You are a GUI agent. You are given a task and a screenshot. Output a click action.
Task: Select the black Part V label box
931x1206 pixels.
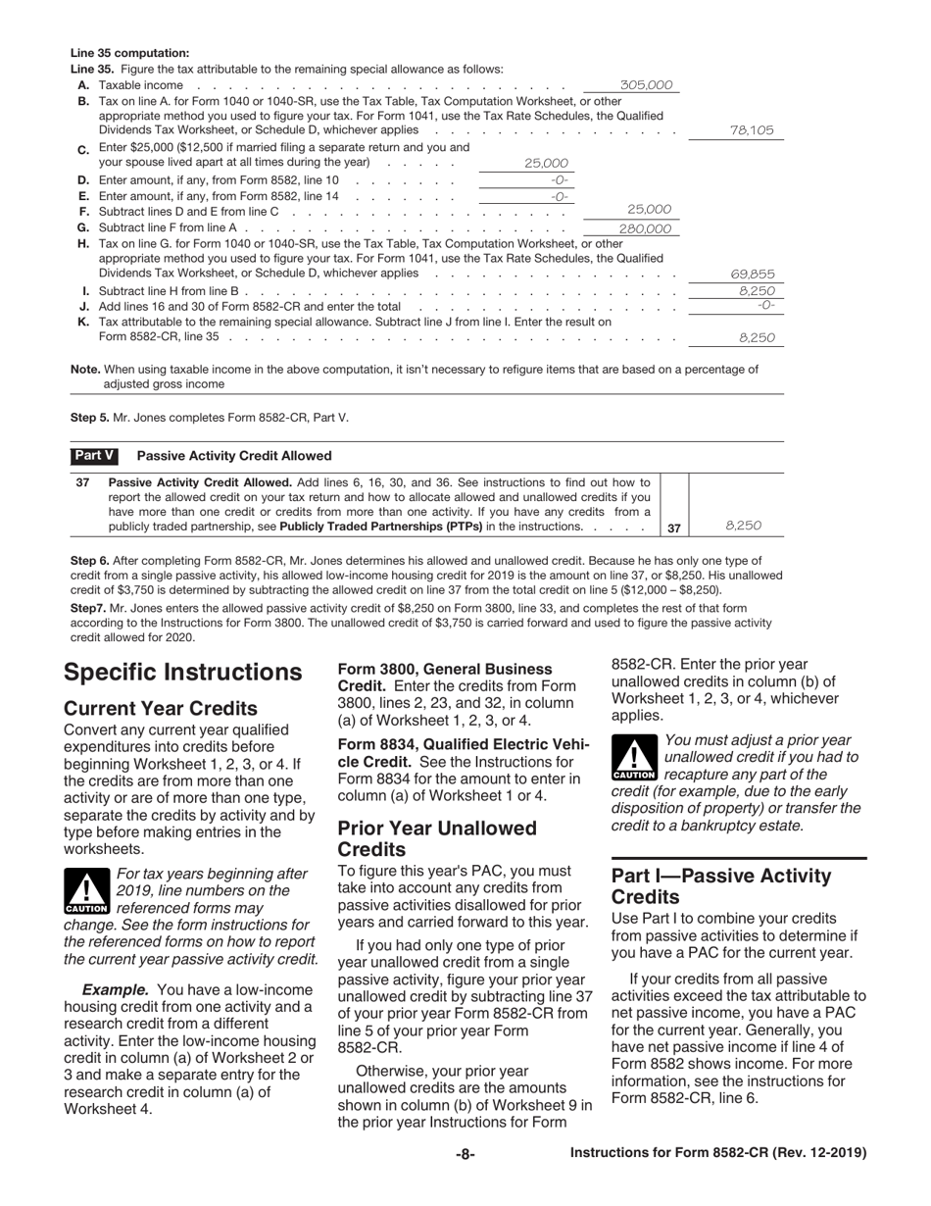(94, 456)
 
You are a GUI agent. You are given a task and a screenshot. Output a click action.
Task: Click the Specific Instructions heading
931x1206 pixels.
(182, 672)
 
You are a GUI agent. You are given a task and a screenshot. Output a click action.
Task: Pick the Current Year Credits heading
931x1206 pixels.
(161, 708)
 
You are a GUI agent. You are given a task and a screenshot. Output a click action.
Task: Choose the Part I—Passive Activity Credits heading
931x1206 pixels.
(721, 886)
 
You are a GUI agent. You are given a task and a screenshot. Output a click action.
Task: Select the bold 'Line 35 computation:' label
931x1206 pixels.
(129, 53)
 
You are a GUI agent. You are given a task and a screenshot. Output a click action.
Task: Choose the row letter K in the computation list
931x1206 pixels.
(83, 322)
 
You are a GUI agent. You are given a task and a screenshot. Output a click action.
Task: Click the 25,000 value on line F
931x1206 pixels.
(649, 209)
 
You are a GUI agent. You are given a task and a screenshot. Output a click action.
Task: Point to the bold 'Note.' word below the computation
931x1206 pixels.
(86, 370)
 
